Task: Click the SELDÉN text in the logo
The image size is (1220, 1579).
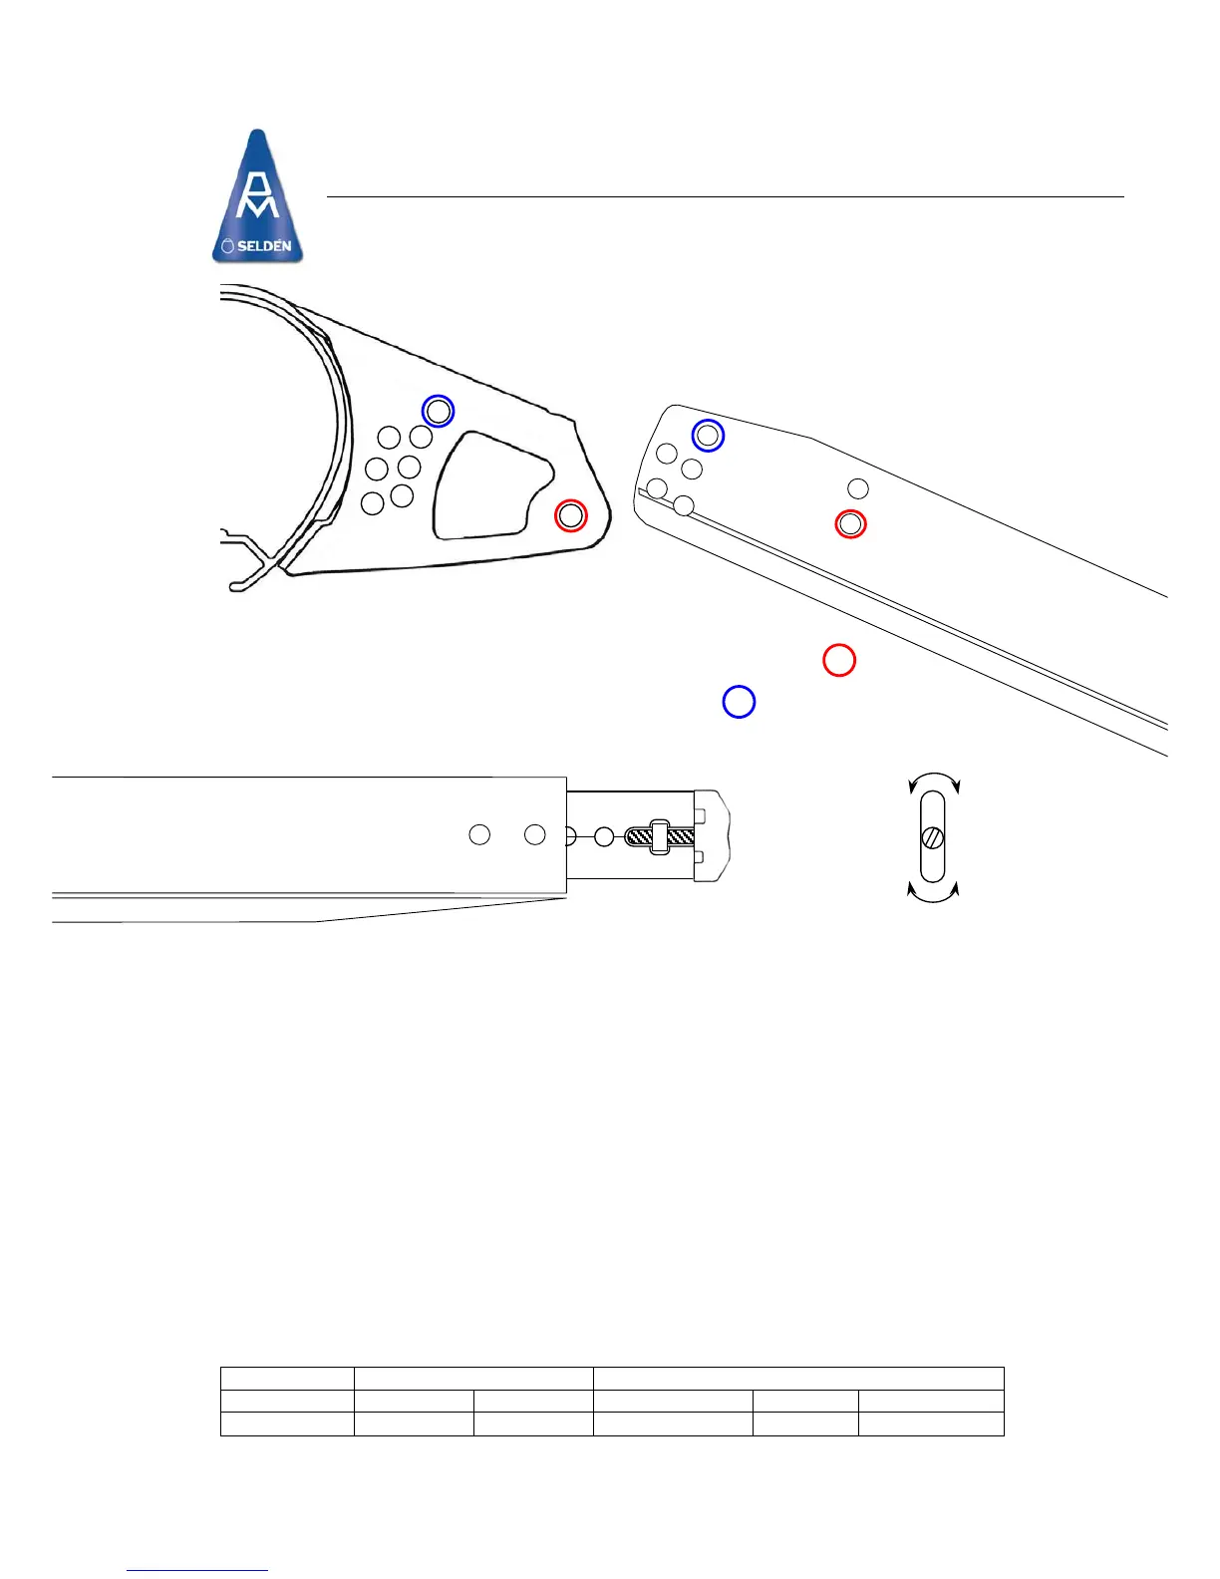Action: [x=263, y=245]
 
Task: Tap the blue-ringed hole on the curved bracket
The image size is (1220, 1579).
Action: [x=438, y=411]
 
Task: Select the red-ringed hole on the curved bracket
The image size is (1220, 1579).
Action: [x=571, y=515]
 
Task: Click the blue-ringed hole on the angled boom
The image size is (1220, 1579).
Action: [x=708, y=436]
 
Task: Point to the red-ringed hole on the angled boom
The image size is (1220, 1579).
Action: [x=850, y=523]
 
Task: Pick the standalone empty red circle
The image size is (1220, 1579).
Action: [x=839, y=660]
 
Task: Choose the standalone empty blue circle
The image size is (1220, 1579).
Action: [x=739, y=702]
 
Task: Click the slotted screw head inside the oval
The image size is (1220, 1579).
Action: [x=933, y=837]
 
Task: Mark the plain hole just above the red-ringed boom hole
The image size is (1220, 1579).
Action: [x=858, y=488]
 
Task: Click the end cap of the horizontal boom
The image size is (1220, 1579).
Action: [x=712, y=835]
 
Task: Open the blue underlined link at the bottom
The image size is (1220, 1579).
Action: [x=197, y=1570]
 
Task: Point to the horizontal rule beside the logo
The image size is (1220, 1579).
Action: [x=725, y=197]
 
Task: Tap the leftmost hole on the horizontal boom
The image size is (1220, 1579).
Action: [x=479, y=835]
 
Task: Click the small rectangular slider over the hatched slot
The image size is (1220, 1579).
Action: [x=659, y=836]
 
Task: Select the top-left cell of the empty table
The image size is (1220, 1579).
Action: [x=287, y=1378]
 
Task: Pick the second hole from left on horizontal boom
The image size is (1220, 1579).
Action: [x=535, y=835]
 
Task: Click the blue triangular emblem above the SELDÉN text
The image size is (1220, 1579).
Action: [x=258, y=184]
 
